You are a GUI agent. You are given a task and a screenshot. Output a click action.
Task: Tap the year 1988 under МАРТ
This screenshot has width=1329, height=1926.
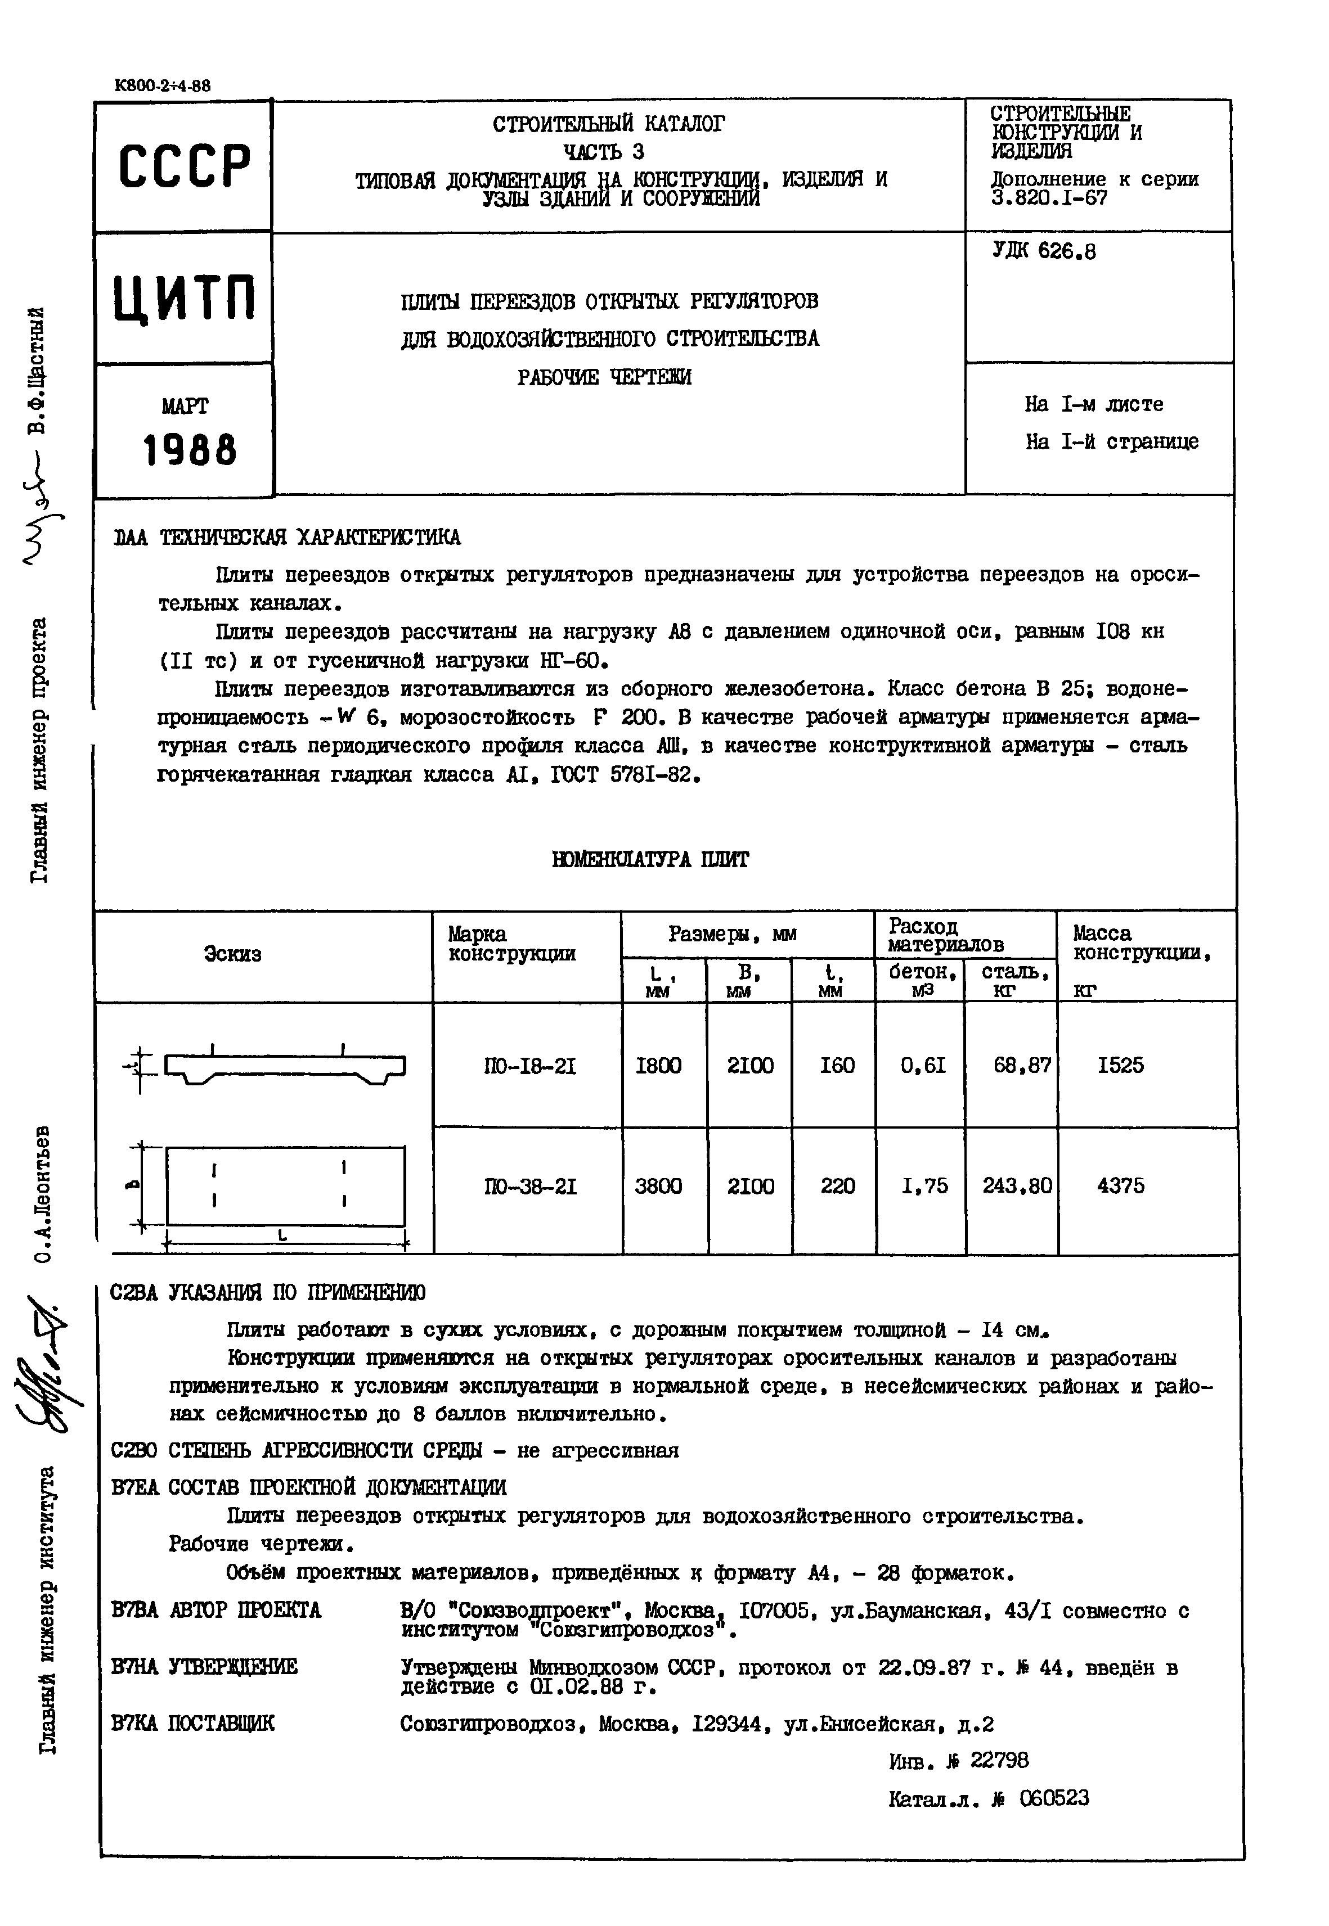click(x=190, y=450)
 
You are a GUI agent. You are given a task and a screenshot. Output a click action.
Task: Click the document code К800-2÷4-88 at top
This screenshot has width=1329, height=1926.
click(x=163, y=85)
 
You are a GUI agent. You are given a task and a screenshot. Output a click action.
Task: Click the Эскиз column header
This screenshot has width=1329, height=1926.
click(x=232, y=954)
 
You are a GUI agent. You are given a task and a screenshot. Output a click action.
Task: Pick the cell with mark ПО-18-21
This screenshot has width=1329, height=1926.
click(x=529, y=1066)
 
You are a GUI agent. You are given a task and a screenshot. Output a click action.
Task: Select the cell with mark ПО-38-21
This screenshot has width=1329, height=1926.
click(x=529, y=1185)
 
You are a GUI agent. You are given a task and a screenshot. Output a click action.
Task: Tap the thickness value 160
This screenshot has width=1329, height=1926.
click(x=836, y=1066)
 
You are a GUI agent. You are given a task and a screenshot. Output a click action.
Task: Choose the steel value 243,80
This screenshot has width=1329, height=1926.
click(x=1016, y=1185)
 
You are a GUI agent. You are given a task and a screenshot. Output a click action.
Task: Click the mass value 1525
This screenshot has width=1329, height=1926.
click(x=1120, y=1066)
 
